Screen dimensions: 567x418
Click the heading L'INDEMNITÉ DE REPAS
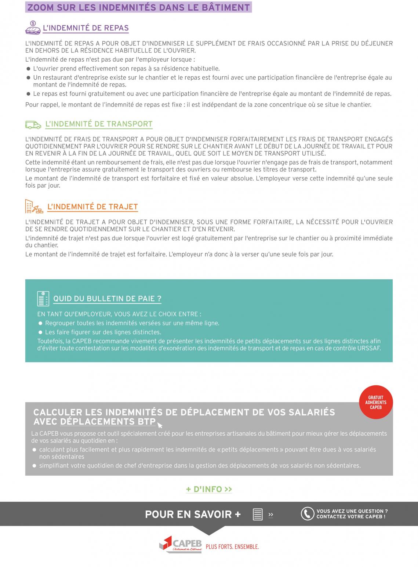86,28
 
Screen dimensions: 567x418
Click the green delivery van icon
33,125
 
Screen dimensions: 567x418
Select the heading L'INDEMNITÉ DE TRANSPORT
99,124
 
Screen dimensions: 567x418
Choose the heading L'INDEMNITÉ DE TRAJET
92,207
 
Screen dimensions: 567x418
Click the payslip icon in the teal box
43,299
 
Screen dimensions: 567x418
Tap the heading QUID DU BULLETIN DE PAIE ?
107,299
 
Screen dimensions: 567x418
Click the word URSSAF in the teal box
369,348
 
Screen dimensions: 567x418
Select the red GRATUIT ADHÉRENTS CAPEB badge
376,402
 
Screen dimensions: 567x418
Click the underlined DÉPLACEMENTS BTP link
108,422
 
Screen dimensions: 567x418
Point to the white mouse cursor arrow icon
160,425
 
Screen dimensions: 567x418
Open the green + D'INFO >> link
209,489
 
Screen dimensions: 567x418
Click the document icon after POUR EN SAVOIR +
258,514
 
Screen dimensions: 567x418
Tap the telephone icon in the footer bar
307,514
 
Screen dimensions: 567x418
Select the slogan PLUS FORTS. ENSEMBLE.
232,547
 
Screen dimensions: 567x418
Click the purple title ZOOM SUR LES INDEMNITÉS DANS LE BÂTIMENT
139,7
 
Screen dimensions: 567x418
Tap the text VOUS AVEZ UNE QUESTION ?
352,511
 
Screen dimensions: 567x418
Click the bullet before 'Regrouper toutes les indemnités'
41,323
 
